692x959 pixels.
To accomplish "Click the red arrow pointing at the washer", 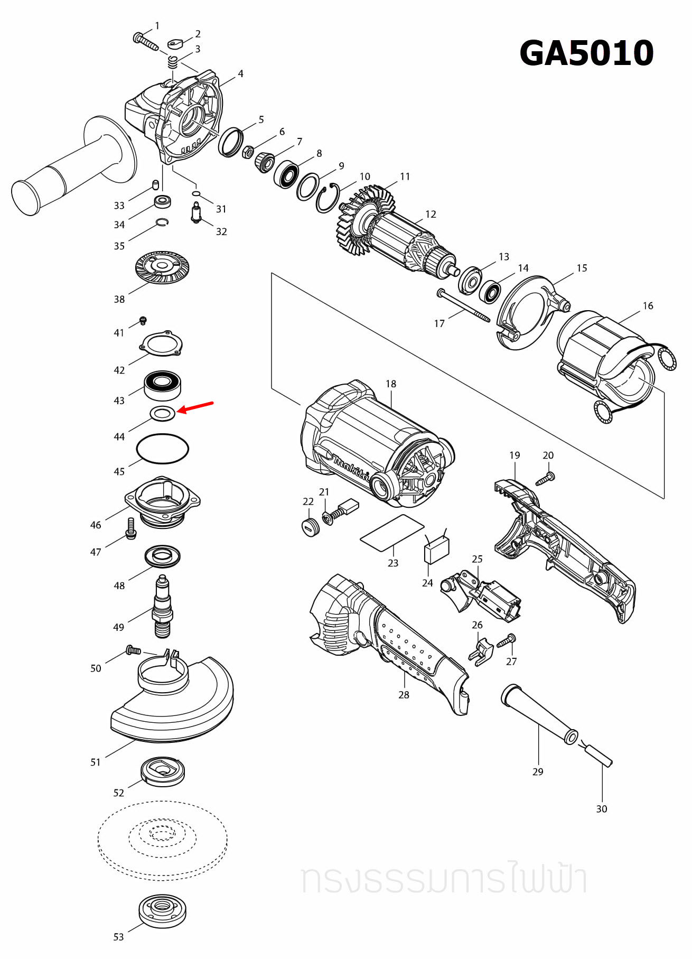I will (x=195, y=407).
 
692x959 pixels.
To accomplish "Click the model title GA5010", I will (x=586, y=53).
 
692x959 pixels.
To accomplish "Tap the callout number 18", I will (x=391, y=384).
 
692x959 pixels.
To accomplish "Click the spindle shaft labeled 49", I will (x=163, y=608).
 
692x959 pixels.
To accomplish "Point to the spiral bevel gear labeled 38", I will (x=162, y=267).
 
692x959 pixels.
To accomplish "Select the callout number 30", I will (x=601, y=809).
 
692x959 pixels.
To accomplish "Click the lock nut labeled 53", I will (x=162, y=910).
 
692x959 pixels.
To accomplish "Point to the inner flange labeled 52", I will (x=163, y=771).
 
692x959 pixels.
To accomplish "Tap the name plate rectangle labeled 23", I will (x=392, y=533).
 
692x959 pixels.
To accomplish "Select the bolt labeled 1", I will (x=145, y=41).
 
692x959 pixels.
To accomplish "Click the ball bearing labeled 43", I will (x=163, y=385).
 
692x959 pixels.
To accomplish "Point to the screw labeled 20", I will (x=545, y=479).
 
